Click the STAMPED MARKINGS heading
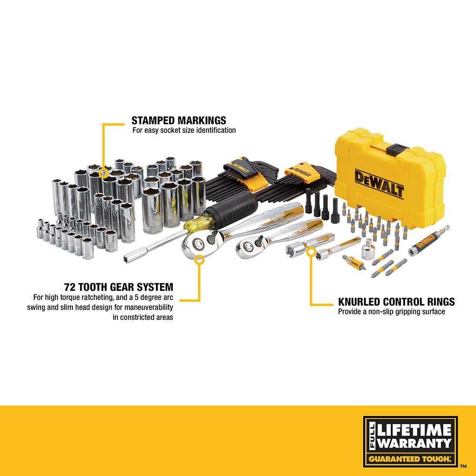(179, 120)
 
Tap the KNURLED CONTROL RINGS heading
(396, 302)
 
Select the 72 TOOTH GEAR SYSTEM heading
(119, 287)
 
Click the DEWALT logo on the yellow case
(379, 184)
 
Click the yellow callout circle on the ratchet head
(199, 259)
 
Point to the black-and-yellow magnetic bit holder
(428, 242)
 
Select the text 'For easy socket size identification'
(184, 130)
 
